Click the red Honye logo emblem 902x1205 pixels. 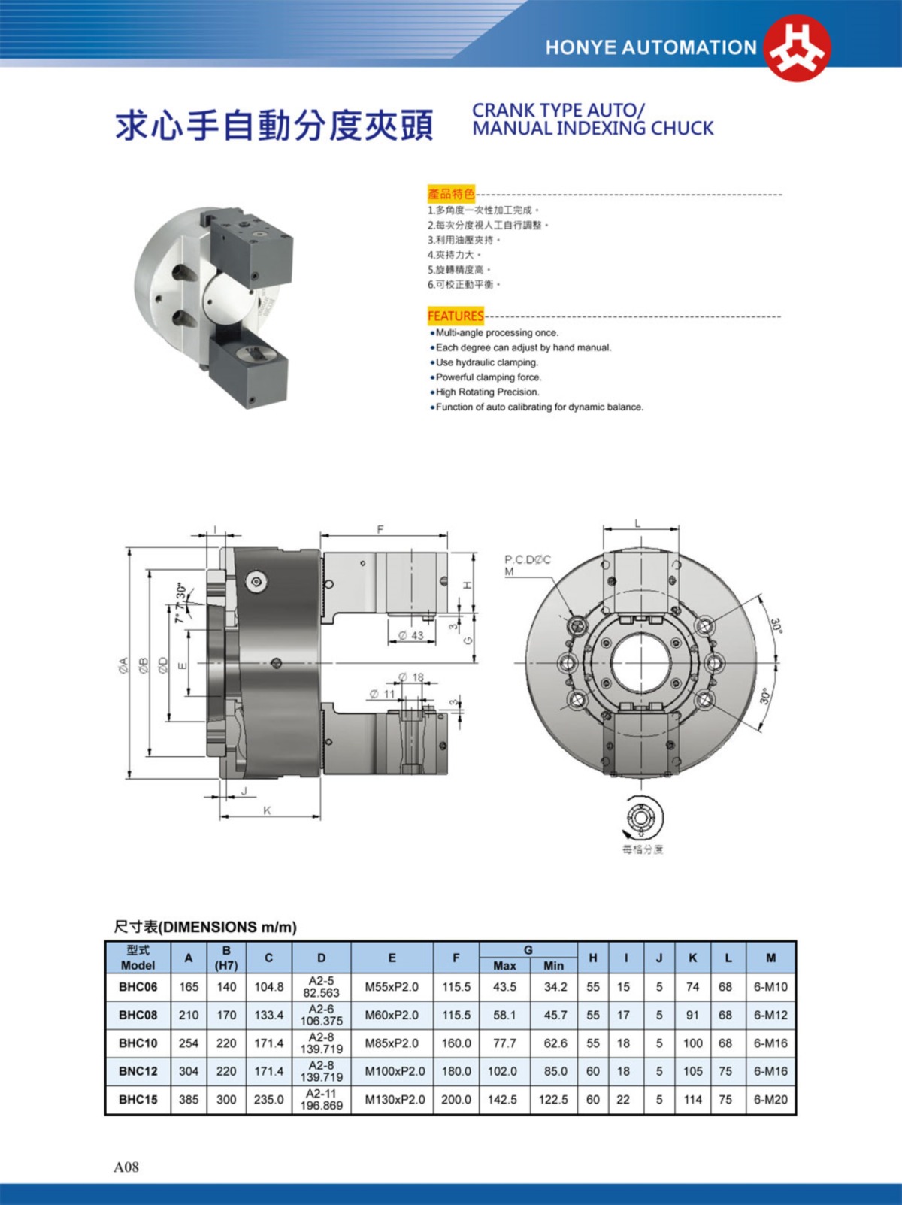(x=798, y=47)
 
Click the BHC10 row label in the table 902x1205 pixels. (x=138, y=1043)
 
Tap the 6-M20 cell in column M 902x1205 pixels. (x=770, y=1100)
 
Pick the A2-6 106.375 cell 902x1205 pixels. (x=321, y=1015)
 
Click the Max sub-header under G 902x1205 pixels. (x=504, y=966)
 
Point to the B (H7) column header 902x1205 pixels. (x=226, y=958)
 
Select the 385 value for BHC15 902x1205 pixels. (x=189, y=1100)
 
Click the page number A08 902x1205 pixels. (x=126, y=1167)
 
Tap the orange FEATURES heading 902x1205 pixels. (x=456, y=316)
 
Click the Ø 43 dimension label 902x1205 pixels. (x=411, y=636)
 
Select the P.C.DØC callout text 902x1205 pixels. (x=528, y=560)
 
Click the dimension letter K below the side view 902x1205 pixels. (x=267, y=810)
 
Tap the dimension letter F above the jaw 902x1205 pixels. (x=380, y=530)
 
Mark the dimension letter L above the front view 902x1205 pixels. (x=638, y=523)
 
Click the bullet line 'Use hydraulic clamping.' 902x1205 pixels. (x=487, y=362)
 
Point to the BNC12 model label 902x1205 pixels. (x=138, y=1071)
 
